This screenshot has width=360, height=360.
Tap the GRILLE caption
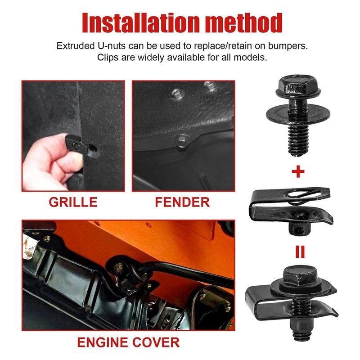[73, 202]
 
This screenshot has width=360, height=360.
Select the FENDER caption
[182, 202]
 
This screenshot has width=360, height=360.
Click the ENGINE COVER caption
[128, 342]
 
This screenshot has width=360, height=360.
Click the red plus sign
[298, 171]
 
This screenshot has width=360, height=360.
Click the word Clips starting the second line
[108, 58]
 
